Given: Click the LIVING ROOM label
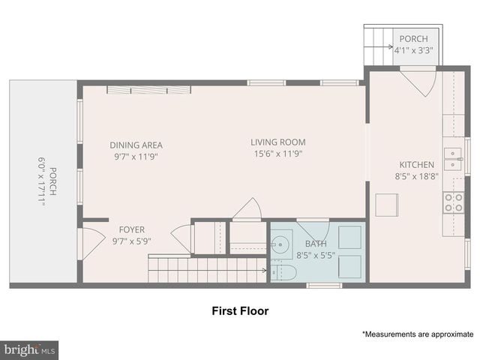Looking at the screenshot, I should pyautogui.click(x=278, y=142).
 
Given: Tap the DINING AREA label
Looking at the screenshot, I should pyautogui.click(x=136, y=145).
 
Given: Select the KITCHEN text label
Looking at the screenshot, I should pyautogui.click(x=415, y=164).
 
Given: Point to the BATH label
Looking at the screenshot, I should pyautogui.click(x=315, y=244).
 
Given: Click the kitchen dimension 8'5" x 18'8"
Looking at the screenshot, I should pyautogui.click(x=415, y=176).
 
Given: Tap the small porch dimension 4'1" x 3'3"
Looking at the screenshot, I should pyautogui.click(x=414, y=50).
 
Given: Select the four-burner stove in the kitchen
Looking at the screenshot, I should pyautogui.click(x=453, y=202).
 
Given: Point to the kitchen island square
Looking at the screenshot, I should pyautogui.click(x=387, y=205).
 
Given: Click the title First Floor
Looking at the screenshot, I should pyautogui.click(x=239, y=310).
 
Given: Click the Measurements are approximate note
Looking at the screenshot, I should pyautogui.click(x=417, y=334).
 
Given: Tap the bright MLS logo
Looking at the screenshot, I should pyautogui.click(x=30, y=349).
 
